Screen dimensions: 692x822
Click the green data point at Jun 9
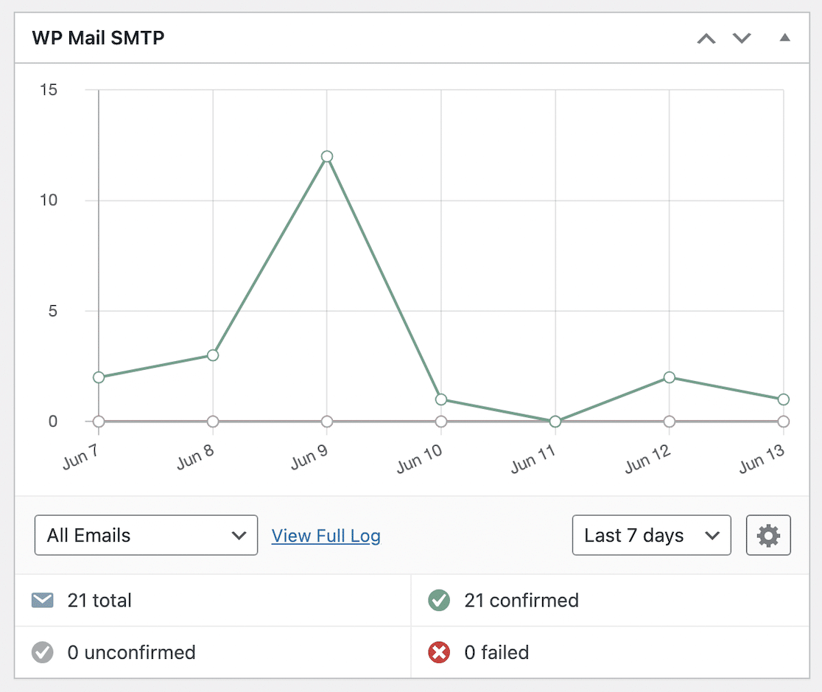[327, 156]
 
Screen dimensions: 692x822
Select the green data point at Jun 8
[213, 355]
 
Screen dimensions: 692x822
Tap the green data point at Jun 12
[670, 377]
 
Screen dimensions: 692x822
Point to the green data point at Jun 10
[441, 399]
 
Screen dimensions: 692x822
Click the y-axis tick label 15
[49, 90]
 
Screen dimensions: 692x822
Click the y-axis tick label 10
[49, 200]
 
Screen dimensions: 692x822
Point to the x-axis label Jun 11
[534, 461]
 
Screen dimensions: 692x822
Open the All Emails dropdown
[146, 535]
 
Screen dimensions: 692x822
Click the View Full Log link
[326, 536]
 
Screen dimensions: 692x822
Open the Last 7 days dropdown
[651, 535]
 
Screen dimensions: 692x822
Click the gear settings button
[768, 535]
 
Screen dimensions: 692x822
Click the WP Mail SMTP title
[98, 38]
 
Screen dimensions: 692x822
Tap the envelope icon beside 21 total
[43, 601]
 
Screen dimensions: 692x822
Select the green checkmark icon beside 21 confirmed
[439, 601]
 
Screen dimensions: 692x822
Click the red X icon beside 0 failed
[439, 652]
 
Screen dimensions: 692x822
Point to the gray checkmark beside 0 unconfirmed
[43, 652]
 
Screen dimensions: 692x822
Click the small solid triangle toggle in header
[784, 38]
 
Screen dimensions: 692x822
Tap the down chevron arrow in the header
[742, 38]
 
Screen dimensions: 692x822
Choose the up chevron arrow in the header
[706, 38]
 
